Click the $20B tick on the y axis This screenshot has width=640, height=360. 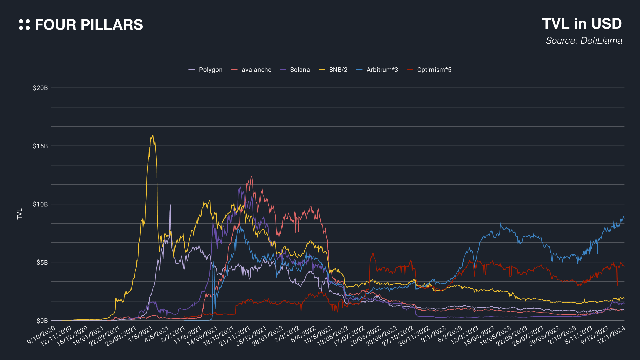click(x=40, y=88)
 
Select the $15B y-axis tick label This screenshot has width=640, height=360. click(x=40, y=146)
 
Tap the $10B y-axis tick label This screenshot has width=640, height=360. click(x=40, y=204)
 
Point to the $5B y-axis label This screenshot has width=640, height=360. click(x=42, y=263)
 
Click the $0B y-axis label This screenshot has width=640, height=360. click(x=42, y=321)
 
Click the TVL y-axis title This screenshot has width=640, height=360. click(x=20, y=214)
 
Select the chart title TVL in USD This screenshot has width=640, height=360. click(x=582, y=24)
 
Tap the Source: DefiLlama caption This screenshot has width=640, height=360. click(x=584, y=41)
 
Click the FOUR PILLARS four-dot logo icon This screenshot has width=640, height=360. click(x=24, y=25)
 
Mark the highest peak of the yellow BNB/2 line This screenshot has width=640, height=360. click(x=153, y=135)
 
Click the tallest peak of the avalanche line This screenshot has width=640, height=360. click(x=251, y=176)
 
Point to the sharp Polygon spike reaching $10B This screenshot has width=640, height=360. click(x=170, y=205)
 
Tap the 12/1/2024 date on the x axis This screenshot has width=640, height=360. click(x=611, y=335)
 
